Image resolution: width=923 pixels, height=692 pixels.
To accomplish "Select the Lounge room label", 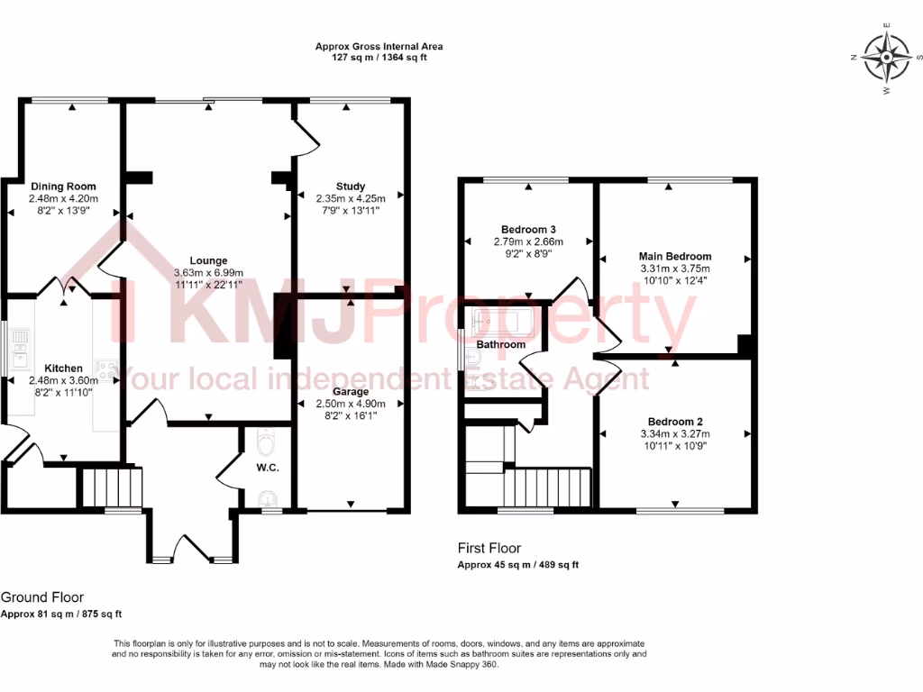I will click(x=208, y=260).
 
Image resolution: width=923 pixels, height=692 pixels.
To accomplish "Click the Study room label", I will click(x=349, y=187).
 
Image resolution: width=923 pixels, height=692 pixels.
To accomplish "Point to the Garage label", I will click(x=351, y=392).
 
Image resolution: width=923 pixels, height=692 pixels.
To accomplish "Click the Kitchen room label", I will click(x=63, y=369).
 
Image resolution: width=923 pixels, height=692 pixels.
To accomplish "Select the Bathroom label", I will click(x=500, y=345).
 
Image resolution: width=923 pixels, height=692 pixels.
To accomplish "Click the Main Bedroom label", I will click(x=675, y=257).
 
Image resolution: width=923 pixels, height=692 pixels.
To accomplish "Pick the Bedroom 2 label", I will click(x=675, y=422).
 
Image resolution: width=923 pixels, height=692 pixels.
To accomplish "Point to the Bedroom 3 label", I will click(x=528, y=229).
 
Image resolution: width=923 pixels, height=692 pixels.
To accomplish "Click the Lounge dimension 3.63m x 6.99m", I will click(x=208, y=273).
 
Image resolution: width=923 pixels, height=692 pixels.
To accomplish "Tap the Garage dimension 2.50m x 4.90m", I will click(x=351, y=405).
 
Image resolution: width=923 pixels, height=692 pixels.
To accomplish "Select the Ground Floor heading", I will click(x=42, y=597).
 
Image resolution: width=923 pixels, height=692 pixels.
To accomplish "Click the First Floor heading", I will click(x=489, y=548).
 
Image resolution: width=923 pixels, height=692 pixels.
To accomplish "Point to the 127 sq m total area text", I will click(x=379, y=58).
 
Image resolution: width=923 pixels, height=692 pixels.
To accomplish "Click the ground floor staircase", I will click(x=113, y=487).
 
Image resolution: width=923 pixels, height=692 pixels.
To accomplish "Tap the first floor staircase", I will click(x=546, y=489).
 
